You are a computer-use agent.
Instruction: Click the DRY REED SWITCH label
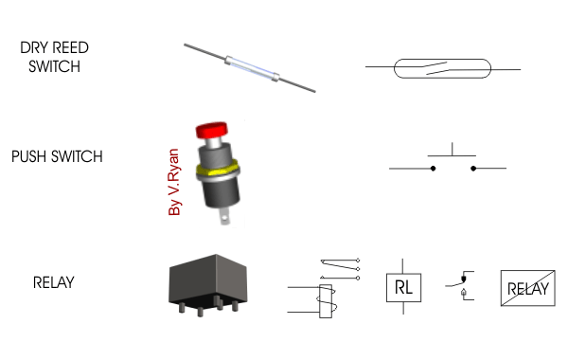pyautogui.click(x=54, y=57)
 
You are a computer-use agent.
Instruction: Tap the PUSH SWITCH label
pyautogui.click(x=57, y=156)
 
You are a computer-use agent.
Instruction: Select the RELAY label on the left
pyautogui.click(x=54, y=282)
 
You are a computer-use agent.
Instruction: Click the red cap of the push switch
pyautogui.click(x=212, y=130)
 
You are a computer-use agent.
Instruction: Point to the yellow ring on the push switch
pyautogui.click(x=218, y=170)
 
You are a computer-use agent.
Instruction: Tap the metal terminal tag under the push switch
pyautogui.click(x=224, y=217)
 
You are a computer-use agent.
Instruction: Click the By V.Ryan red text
pyautogui.click(x=174, y=182)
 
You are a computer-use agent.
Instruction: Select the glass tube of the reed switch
pyautogui.click(x=252, y=68)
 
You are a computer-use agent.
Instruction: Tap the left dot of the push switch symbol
pyautogui.click(x=433, y=169)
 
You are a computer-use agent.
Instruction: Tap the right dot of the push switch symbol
pyautogui.click(x=473, y=169)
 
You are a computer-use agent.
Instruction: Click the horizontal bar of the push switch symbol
pyautogui.click(x=452, y=156)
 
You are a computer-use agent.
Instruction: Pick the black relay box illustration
pyautogui.click(x=208, y=284)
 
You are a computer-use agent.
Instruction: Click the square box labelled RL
pyautogui.click(x=403, y=287)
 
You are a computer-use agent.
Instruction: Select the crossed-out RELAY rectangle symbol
pyautogui.click(x=528, y=288)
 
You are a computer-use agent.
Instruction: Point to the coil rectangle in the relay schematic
pyautogui.click(x=326, y=301)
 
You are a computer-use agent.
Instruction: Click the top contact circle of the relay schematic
pyautogui.click(x=358, y=261)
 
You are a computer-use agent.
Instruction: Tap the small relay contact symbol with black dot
pyautogui.click(x=460, y=285)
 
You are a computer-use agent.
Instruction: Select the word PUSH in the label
pyautogui.click(x=29, y=156)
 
